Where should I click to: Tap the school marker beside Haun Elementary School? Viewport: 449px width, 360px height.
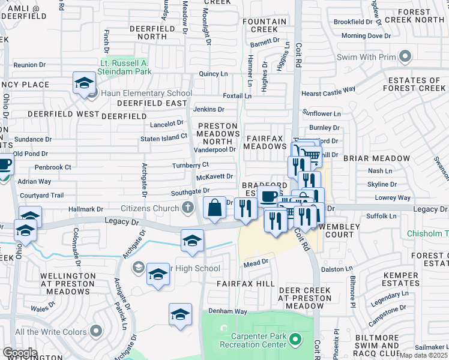click(x=85, y=84)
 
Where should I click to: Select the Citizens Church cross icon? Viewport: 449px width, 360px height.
click(x=188, y=208)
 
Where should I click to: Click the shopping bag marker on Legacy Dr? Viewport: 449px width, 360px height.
click(x=214, y=209)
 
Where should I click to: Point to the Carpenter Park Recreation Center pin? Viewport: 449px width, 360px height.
click(x=294, y=340)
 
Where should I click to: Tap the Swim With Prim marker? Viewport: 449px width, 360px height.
click(x=406, y=57)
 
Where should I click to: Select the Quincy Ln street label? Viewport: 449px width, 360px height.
click(x=213, y=74)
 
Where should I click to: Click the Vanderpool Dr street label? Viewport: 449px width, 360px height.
click(x=215, y=149)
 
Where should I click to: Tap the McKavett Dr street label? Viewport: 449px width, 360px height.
click(x=214, y=177)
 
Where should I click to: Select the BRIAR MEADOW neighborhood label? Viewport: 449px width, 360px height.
click(x=376, y=158)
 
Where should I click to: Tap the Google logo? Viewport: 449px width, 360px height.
click(x=20, y=352)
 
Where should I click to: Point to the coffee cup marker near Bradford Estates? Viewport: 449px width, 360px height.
click(x=268, y=196)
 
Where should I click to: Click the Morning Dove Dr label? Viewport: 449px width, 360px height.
click(x=366, y=36)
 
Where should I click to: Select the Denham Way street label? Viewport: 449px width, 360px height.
click(x=228, y=311)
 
